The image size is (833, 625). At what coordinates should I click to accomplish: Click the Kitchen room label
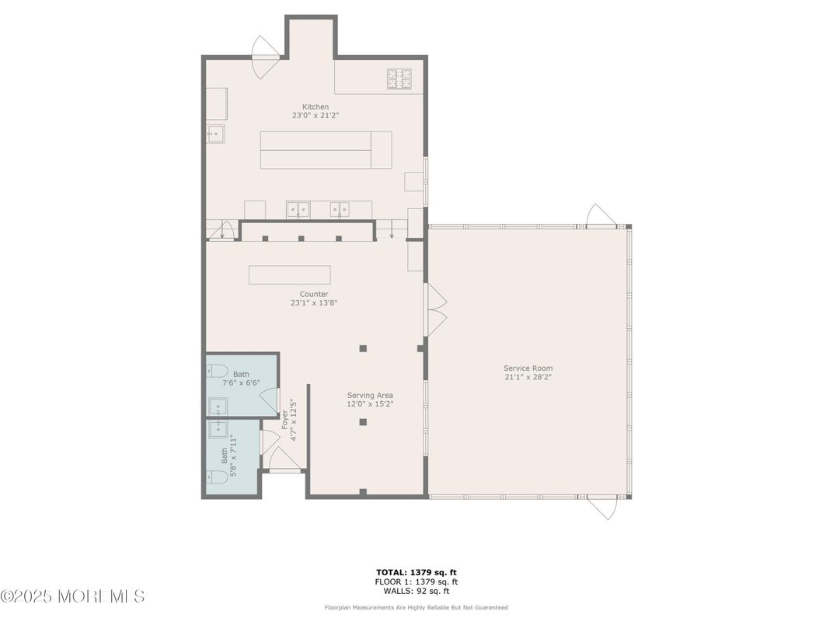315,106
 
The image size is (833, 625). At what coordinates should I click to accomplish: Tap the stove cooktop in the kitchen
399,78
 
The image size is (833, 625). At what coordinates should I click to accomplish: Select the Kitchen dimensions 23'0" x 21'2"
315,115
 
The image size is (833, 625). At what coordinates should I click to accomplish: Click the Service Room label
528,368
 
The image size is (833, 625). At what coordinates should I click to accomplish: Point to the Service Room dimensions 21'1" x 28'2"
528,377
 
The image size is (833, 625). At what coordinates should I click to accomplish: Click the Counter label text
315,294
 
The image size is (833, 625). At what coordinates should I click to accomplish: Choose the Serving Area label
370,395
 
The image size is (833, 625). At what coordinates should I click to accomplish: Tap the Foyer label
285,420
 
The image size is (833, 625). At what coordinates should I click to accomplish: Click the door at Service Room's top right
601,216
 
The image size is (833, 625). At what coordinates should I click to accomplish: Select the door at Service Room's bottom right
601,507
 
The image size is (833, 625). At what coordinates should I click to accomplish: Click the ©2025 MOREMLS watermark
72,596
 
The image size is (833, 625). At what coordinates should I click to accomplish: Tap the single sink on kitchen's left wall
215,134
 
